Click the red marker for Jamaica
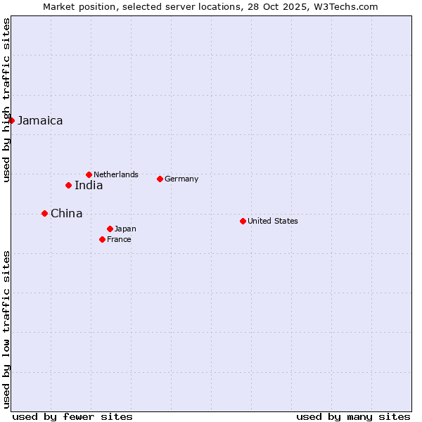click(x=11, y=120)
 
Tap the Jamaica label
click(x=40, y=121)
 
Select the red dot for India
click(x=68, y=185)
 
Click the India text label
click(x=89, y=186)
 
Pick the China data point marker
click(x=44, y=213)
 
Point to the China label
click(x=66, y=214)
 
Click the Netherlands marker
click(x=89, y=174)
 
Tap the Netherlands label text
click(x=116, y=174)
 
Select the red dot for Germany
click(x=160, y=179)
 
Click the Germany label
click(x=181, y=179)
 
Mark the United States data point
click(x=243, y=221)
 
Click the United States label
click(x=273, y=221)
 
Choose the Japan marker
click(x=110, y=229)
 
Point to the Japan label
click(x=125, y=229)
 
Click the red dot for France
click(x=102, y=239)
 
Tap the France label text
click(x=119, y=239)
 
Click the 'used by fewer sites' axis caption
click(x=72, y=416)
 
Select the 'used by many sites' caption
click(x=353, y=416)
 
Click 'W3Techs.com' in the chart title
click(x=349, y=6)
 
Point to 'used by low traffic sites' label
click(x=6, y=328)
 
